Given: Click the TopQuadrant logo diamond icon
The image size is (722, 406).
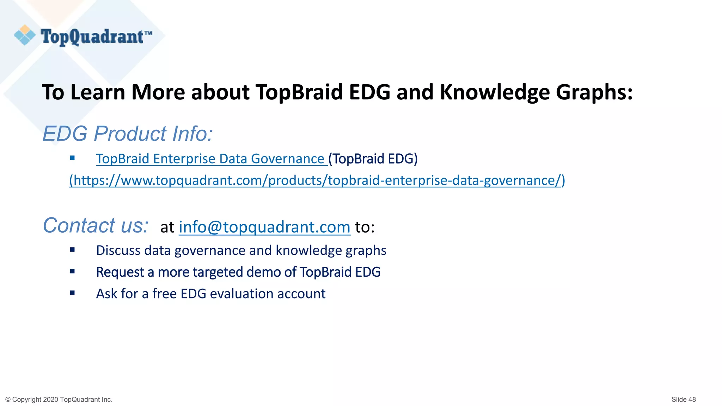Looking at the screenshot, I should tap(25, 35).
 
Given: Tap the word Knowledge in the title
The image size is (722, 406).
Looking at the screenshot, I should tap(494, 92).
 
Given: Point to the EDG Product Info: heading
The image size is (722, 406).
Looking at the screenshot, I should tap(128, 134).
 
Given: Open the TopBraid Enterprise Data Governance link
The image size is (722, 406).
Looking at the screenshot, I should tap(210, 159).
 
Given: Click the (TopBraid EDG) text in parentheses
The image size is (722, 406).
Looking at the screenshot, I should tap(373, 159).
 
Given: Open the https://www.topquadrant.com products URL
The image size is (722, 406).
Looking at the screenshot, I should tap(317, 180).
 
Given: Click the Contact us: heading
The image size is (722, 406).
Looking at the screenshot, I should tap(96, 226).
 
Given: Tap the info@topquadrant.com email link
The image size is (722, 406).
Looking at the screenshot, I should tap(264, 227).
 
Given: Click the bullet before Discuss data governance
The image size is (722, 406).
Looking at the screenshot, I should tap(72, 250).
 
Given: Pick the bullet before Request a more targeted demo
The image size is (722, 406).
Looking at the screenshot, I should tap(72, 271).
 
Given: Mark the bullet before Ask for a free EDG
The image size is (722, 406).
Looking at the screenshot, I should tap(72, 293).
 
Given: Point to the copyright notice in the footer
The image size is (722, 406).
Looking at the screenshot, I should tap(59, 399).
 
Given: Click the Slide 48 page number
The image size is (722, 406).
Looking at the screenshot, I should tap(683, 399).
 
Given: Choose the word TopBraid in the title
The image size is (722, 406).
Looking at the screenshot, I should tap(299, 92).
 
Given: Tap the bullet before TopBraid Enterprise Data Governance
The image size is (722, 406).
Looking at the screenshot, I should tap(72, 158).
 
